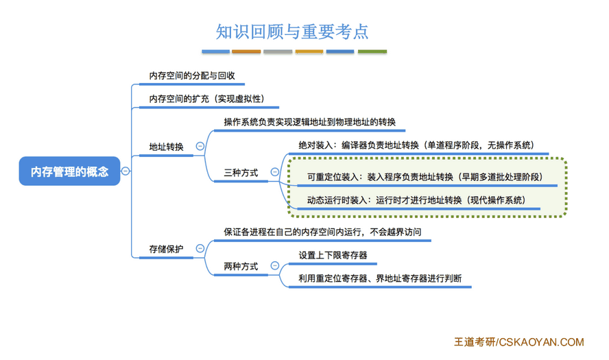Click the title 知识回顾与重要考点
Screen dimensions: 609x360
coord(292,32)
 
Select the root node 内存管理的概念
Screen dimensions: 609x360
coord(69,171)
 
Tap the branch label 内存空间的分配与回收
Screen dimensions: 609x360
coord(192,75)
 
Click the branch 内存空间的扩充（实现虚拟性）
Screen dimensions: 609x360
coord(206,99)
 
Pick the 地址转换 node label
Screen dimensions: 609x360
coord(166,147)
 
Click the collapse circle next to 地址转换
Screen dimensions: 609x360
coord(200,146)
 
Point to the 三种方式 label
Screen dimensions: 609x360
coord(241,172)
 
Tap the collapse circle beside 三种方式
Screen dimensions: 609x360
coord(274,171)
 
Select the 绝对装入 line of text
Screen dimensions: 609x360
coord(416,145)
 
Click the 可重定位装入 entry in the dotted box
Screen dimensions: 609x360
coord(425,177)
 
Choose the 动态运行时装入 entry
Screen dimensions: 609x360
coord(416,200)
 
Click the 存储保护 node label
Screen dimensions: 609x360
coord(166,249)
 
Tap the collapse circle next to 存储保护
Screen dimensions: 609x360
coord(200,248)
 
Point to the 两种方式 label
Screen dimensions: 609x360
coord(241,267)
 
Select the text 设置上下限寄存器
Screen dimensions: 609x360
coord(333,255)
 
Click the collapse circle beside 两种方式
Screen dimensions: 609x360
coord(274,265)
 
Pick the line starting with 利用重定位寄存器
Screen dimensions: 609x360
coord(380,278)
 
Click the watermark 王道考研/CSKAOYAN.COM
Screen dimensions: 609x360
coord(519,341)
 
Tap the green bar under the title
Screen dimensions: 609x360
coord(372,51)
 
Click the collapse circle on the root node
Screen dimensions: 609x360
coord(126,171)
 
